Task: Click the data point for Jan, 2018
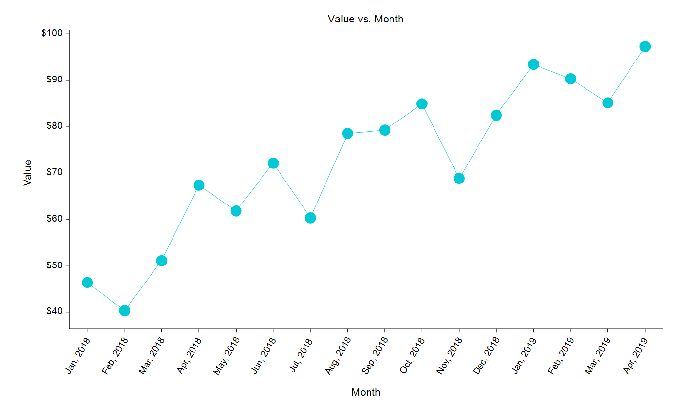click(x=87, y=283)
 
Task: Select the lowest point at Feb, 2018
click(x=125, y=311)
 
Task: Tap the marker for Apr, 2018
click(x=199, y=185)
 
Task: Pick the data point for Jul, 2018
click(x=310, y=218)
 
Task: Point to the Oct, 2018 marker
click(x=422, y=104)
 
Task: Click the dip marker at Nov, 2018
click(x=459, y=179)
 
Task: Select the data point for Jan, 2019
click(x=533, y=64)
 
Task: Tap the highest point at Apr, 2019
click(x=645, y=47)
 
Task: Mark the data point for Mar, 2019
click(x=607, y=103)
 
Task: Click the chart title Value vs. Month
click(x=366, y=20)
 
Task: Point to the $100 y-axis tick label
click(x=52, y=33)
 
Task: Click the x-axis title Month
click(x=366, y=392)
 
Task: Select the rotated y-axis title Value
click(x=28, y=172)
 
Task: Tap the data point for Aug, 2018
click(x=347, y=134)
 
